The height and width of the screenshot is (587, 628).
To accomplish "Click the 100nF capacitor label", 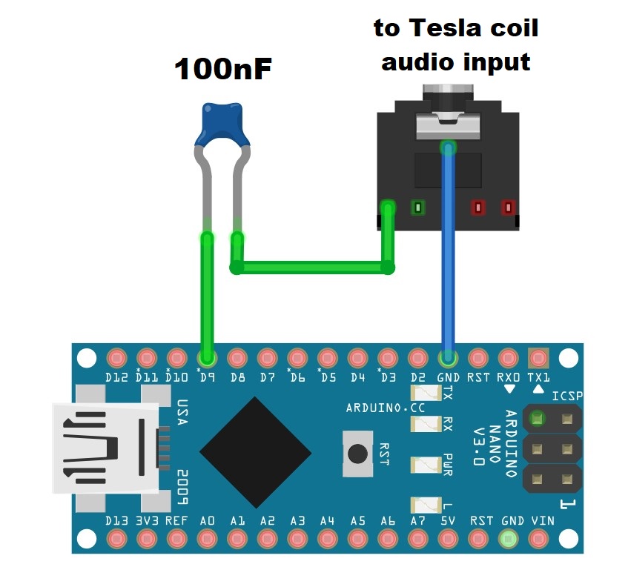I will (x=222, y=70).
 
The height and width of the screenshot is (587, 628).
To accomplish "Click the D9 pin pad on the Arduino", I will (x=207, y=359).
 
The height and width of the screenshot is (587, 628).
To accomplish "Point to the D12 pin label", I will (x=116, y=377).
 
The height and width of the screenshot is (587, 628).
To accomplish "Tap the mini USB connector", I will (x=104, y=448).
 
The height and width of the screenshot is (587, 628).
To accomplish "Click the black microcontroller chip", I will (x=255, y=452).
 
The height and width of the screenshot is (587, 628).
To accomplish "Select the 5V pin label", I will (x=448, y=520).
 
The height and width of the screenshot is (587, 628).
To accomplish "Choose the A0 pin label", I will (x=207, y=520).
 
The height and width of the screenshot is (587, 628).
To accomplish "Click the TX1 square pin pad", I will (x=538, y=359).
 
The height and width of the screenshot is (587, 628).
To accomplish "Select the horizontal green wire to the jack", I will (x=311, y=266).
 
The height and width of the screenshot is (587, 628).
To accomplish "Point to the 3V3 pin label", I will (x=147, y=520).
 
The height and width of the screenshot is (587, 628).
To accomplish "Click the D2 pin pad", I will (x=417, y=359).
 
